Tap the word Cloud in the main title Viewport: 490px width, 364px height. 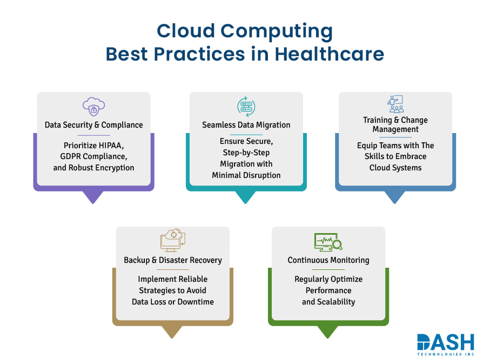[186, 31]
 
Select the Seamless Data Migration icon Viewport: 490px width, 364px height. [246, 106]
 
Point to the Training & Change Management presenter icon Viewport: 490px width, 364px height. [396, 103]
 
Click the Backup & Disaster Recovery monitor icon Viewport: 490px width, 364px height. [173, 240]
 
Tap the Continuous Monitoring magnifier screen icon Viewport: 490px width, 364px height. [328, 241]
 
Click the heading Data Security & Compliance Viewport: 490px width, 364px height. [93, 125]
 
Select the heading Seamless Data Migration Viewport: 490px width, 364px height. [246, 125]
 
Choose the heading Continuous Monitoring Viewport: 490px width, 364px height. [328, 260]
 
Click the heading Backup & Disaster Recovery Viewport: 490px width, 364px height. [173, 260]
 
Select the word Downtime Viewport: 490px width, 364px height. [194, 301]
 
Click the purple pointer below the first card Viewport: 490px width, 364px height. [93, 197]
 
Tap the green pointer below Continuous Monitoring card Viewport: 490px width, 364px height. [327, 332]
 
